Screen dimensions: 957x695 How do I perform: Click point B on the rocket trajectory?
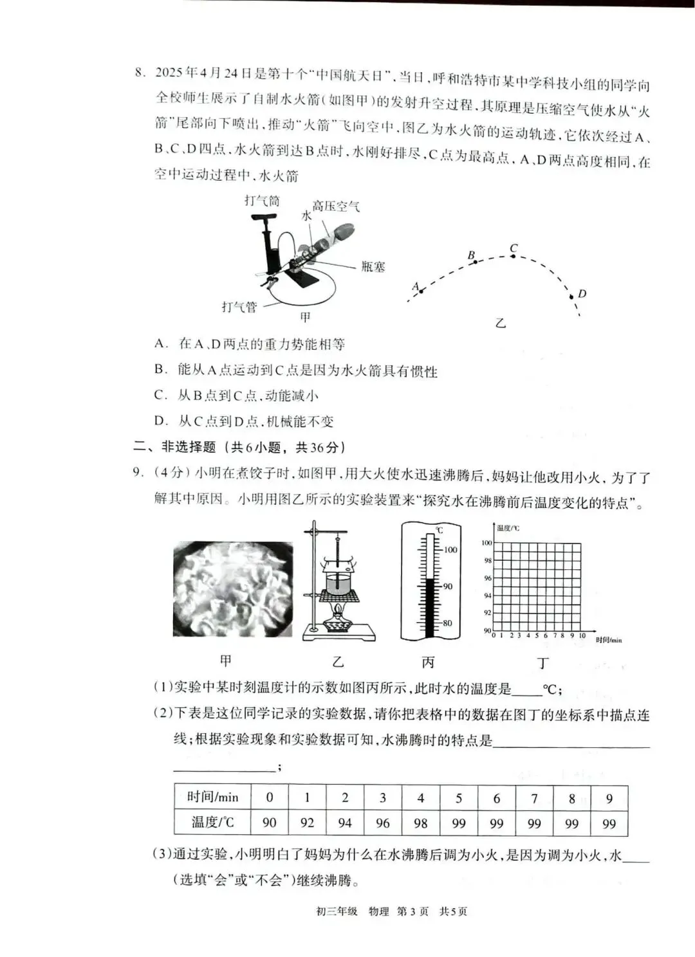(x=475, y=261)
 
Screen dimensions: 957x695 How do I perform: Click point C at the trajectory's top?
(x=513, y=255)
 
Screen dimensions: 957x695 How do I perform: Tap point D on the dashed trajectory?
(x=571, y=296)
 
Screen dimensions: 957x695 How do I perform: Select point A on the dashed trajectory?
(x=421, y=291)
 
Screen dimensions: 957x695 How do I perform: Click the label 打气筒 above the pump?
(x=262, y=201)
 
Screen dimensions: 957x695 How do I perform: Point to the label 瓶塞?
(x=373, y=266)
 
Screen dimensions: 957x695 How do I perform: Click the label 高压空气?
(x=335, y=206)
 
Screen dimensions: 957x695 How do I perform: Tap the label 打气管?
(x=239, y=307)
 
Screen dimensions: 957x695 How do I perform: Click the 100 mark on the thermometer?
(x=450, y=550)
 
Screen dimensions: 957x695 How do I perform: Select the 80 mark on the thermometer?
(x=447, y=623)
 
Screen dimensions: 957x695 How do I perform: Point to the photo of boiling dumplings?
(x=233, y=588)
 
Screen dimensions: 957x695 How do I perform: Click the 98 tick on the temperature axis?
(x=488, y=560)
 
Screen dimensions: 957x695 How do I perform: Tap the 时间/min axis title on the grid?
(x=608, y=640)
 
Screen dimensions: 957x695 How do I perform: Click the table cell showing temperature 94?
(x=345, y=823)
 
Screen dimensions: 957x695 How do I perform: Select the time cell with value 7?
(x=534, y=798)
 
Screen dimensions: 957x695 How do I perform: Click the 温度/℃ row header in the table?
(x=212, y=823)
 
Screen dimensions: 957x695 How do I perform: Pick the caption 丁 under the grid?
(x=542, y=662)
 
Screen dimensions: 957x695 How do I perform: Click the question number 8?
(x=140, y=72)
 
